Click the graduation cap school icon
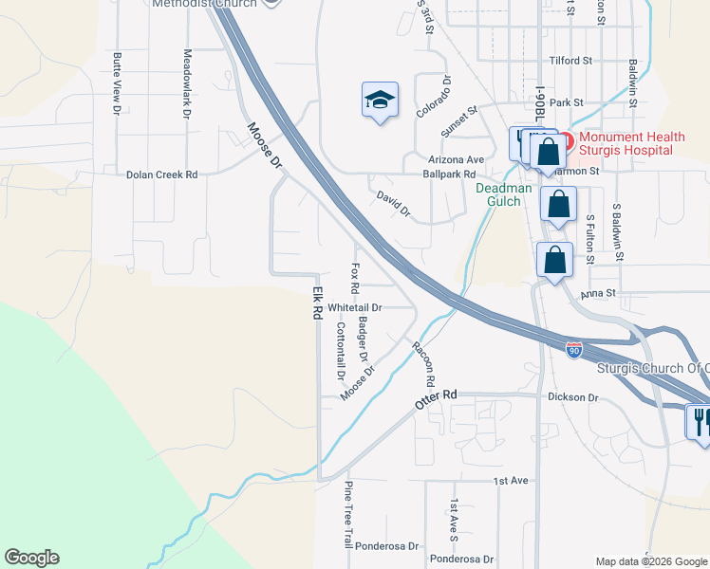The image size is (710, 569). (x=380, y=101)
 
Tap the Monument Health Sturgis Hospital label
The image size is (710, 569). (x=626, y=144)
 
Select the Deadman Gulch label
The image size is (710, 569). (x=498, y=194)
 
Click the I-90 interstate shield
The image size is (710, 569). (x=574, y=350)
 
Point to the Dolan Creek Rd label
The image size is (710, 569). (x=161, y=175)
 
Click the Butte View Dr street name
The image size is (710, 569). (x=117, y=84)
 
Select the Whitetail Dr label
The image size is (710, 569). (x=354, y=308)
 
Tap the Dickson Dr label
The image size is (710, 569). (x=572, y=397)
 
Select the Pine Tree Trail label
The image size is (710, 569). (x=348, y=514)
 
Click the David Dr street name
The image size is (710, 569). (x=393, y=204)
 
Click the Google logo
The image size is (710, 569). (x=31, y=558)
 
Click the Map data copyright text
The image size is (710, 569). (x=650, y=561)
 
